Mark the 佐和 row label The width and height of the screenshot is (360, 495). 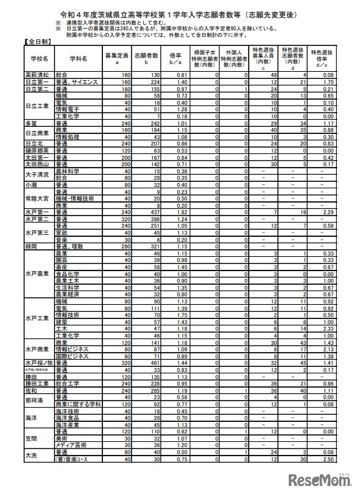click(x=30, y=391)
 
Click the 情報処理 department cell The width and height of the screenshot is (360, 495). click(x=69, y=137)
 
